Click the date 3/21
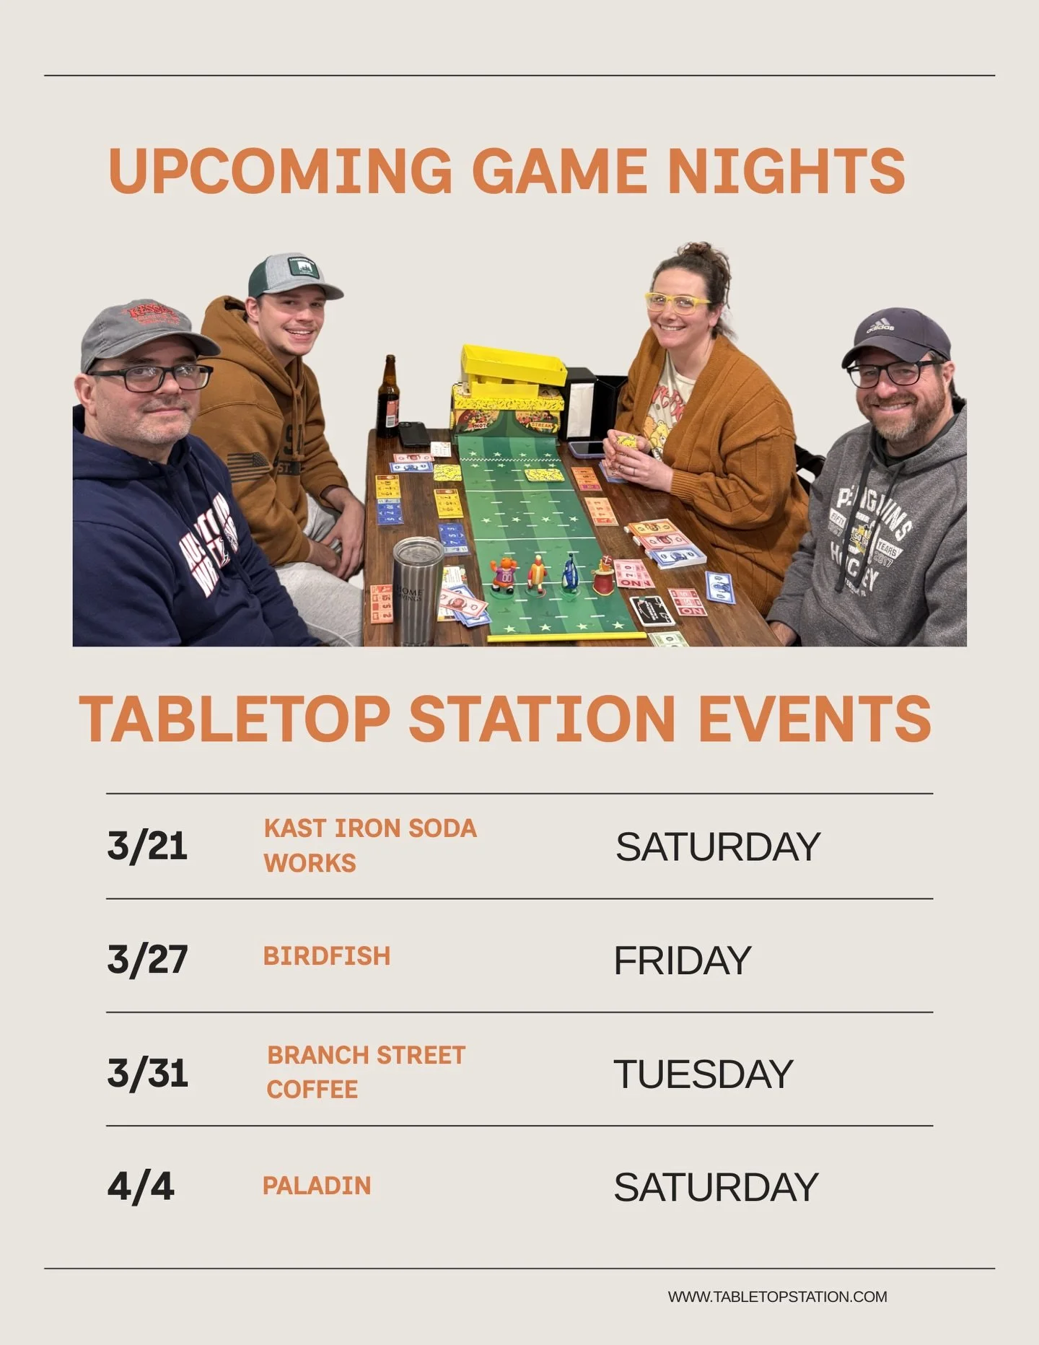(147, 846)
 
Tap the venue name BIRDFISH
(327, 956)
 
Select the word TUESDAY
(703, 1074)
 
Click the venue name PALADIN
(317, 1186)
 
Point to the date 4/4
(141, 1186)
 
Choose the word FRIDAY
(683, 960)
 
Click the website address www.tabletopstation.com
(777, 1297)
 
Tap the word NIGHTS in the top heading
(786, 171)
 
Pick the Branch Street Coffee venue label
(366, 1072)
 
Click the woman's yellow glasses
(677, 302)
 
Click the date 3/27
(148, 959)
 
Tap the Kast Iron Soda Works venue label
(370, 845)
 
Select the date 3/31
(148, 1073)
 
